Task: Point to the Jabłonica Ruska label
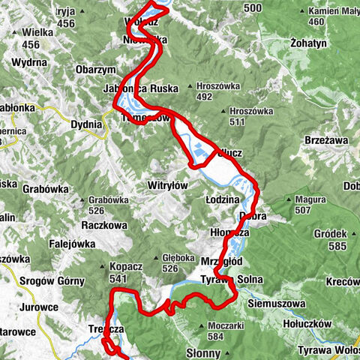coord(141,88)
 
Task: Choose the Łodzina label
coord(222,200)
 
